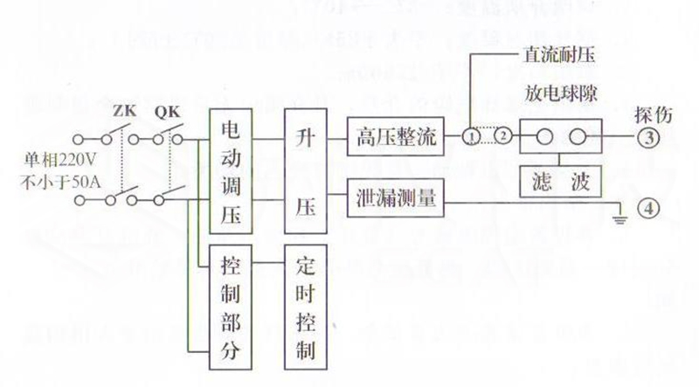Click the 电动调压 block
pyautogui.click(x=232, y=171)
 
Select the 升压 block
pyautogui.click(x=305, y=171)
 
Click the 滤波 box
pyautogui.click(x=559, y=181)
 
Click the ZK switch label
pyautogui.click(x=125, y=112)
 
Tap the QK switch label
pyautogui.click(x=166, y=112)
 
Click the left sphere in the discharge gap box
pyautogui.click(x=543, y=137)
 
